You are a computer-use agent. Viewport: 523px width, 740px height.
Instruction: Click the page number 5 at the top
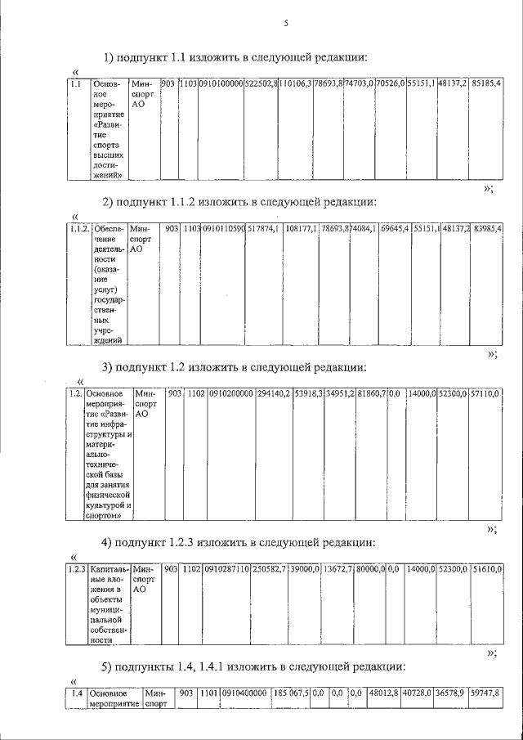point(287,24)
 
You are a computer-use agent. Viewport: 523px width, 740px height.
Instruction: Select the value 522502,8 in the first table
point(261,83)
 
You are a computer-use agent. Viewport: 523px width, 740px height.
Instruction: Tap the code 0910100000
point(221,83)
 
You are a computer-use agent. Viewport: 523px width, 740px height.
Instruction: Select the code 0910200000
point(230,393)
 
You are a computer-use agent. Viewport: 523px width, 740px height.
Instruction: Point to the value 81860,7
point(371,393)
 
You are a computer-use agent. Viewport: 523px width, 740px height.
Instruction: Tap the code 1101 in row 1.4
point(208,693)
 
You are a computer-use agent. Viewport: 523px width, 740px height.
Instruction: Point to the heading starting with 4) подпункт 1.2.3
point(238,542)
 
